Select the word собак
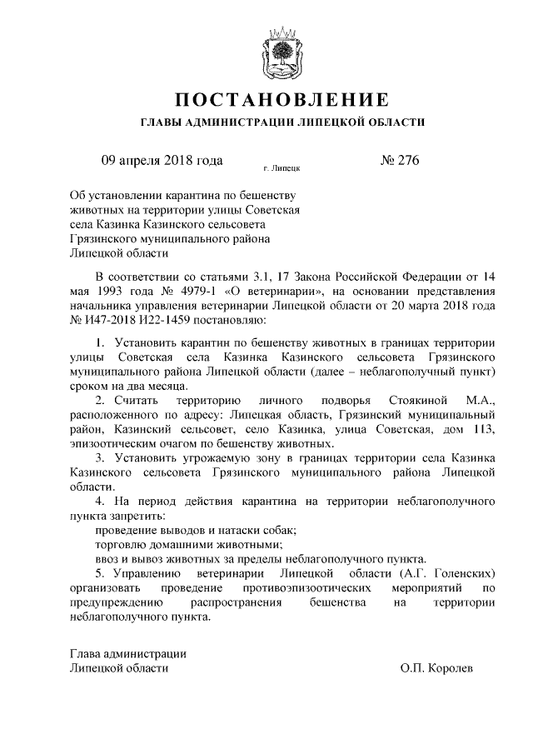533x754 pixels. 278,531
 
